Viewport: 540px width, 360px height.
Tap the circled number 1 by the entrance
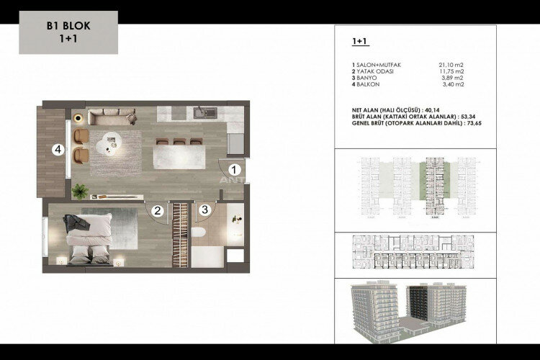[233, 170]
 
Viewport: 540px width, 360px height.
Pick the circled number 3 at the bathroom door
[205, 210]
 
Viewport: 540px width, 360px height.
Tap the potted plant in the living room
[79, 190]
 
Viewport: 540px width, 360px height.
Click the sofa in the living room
[109, 116]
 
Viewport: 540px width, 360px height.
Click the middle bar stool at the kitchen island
[179, 141]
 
